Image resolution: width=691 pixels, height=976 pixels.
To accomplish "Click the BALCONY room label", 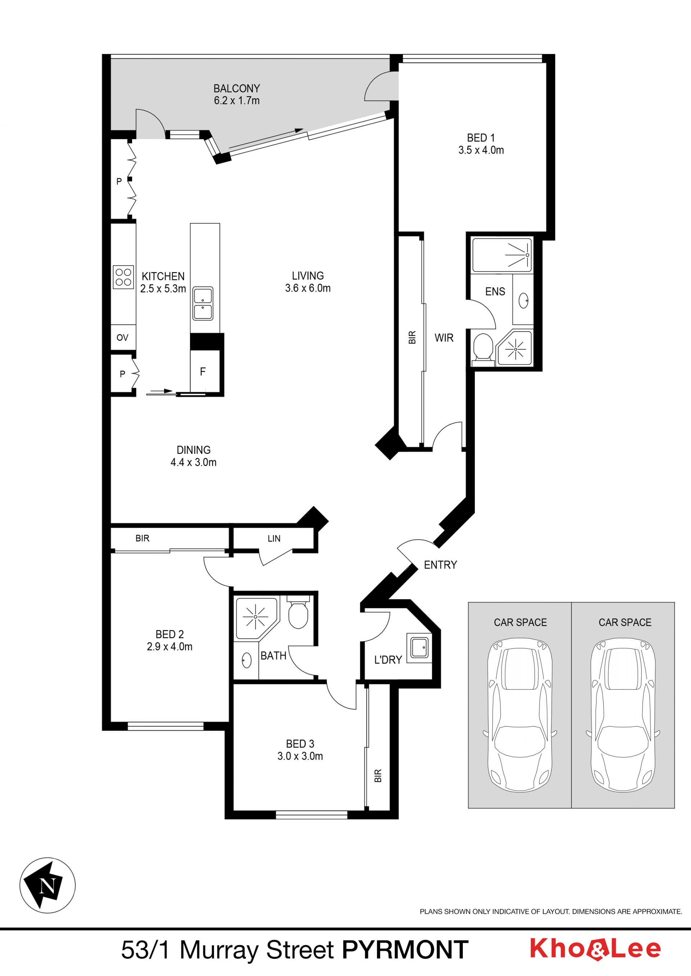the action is tap(236, 88).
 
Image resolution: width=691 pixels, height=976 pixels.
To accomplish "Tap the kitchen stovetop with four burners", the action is tap(123, 277).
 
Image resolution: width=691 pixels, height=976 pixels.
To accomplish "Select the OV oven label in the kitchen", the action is tap(122, 338).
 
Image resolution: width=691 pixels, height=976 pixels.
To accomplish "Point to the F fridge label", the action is tap(203, 371).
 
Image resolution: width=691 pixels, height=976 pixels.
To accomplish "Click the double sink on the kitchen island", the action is tap(203, 303).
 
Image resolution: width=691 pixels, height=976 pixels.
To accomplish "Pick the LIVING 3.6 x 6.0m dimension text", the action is tap(308, 288).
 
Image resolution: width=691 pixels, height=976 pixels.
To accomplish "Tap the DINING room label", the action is tap(194, 450).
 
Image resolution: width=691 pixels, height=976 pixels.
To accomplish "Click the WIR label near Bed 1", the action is tap(444, 338).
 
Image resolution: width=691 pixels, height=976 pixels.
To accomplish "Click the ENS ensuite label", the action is tap(495, 292).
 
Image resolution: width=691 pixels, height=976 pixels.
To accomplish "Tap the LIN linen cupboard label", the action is tap(274, 539).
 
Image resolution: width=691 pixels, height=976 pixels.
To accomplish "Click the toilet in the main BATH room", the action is tap(298, 613).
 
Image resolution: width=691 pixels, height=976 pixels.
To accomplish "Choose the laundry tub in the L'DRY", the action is tap(419, 648).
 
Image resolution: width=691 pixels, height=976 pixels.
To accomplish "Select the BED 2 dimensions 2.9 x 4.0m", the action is tap(170, 647).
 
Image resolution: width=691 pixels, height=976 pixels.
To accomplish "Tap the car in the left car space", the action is tap(520, 715).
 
